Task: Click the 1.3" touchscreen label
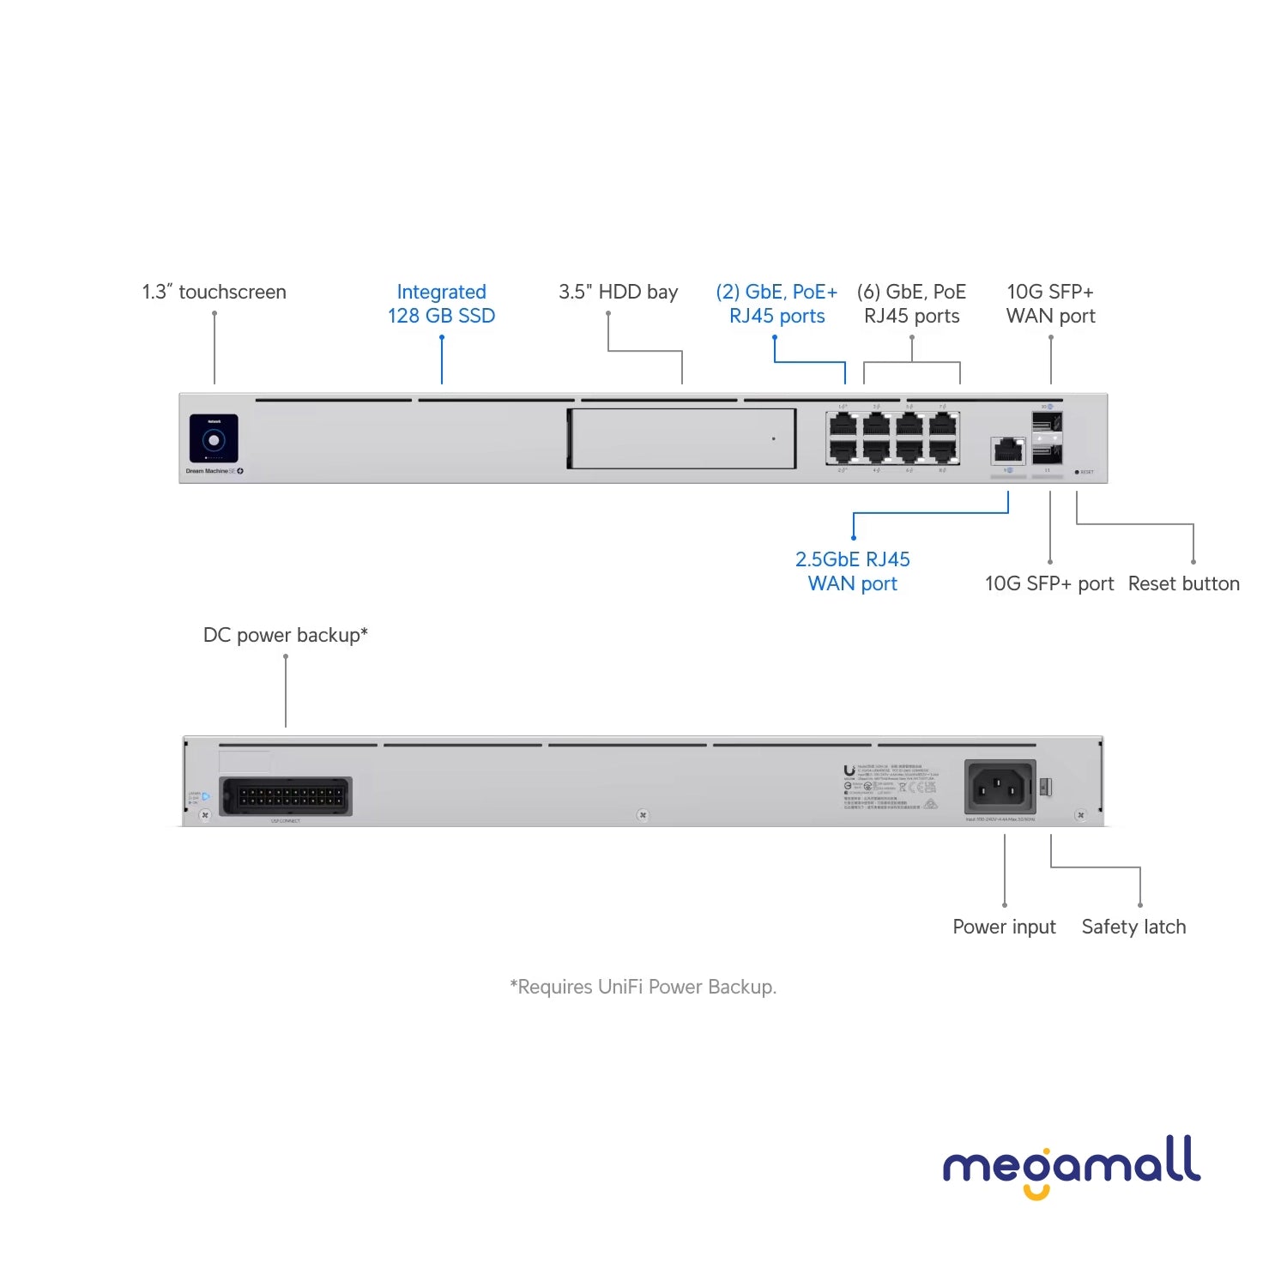tap(214, 292)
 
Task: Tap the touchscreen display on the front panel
tap(214, 439)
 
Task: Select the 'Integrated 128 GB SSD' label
tap(441, 304)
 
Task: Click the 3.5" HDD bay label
tap(618, 292)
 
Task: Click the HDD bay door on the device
tap(682, 438)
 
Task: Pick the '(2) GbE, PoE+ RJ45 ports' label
tap(776, 304)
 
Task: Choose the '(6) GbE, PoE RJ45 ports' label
tap(911, 304)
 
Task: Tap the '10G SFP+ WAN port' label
tap(1050, 304)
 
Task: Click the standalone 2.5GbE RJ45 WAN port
tap(1008, 450)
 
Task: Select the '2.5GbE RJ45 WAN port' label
tap(852, 571)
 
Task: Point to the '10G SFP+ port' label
tap(1048, 583)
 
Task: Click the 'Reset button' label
tap(1183, 583)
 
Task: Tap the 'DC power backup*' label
tap(285, 635)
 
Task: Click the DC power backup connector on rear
tap(286, 796)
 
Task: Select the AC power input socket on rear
tap(1000, 786)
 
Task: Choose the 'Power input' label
tap(1004, 927)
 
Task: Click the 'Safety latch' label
tap(1133, 927)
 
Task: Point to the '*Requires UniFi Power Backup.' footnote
tap(643, 987)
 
